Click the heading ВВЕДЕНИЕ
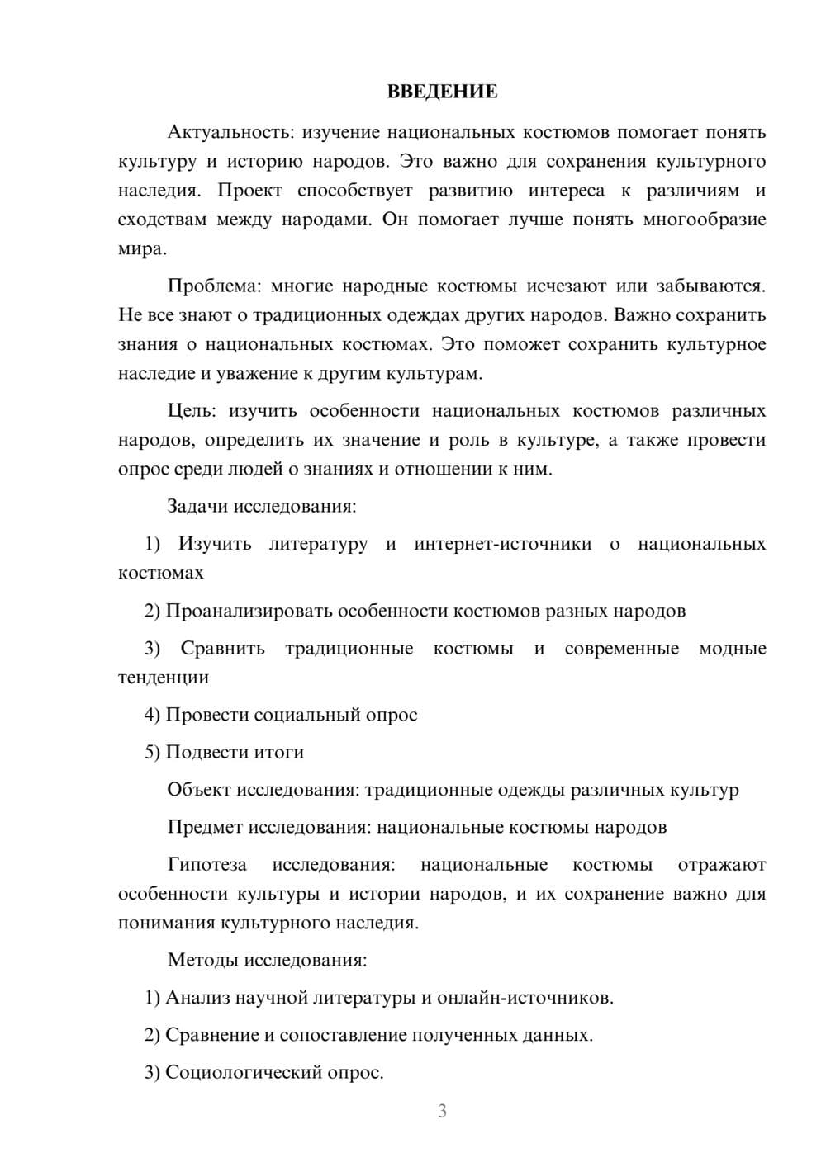(442, 92)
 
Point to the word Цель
(191, 411)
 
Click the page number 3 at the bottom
(442, 1112)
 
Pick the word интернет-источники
(502, 544)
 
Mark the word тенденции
(164, 678)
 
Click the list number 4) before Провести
(152, 715)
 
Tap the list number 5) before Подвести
(152, 752)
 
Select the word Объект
(198, 790)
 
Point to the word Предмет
(205, 827)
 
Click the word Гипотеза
(207, 865)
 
